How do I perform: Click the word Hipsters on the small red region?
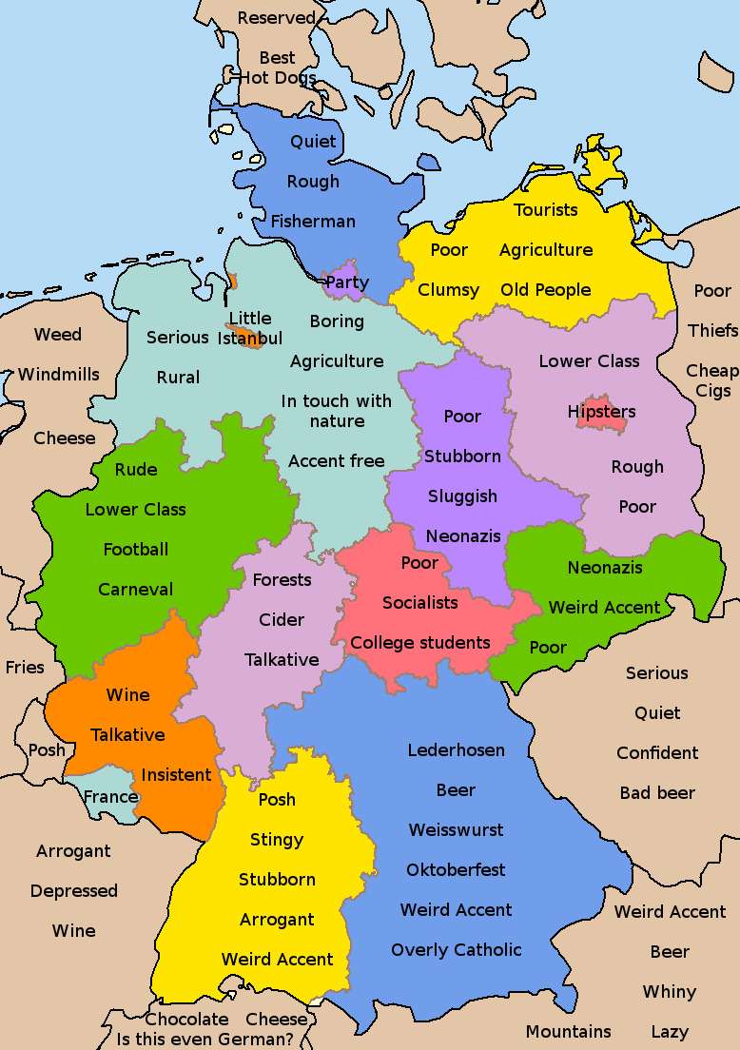pyautogui.click(x=601, y=412)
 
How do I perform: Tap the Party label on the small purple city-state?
pyautogui.click(x=346, y=282)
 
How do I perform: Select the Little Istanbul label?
pyautogui.click(x=250, y=328)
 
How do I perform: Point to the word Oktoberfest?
pyautogui.click(x=456, y=869)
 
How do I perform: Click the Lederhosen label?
pyautogui.click(x=456, y=749)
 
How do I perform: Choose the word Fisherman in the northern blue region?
pyautogui.click(x=313, y=221)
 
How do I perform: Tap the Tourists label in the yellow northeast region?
pyautogui.click(x=546, y=209)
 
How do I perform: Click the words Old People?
pyautogui.click(x=546, y=289)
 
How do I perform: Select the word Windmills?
pyautogui.click(x=58, y=374)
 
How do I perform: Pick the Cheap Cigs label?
pyautogui.click(x=711, y=380)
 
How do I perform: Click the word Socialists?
pyautogui.click(x=419, y=602)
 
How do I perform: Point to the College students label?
pyautogui.click(x=419, y=642)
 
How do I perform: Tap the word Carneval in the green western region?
pyautogui.click(x=136, y=589)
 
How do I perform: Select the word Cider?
pyautogui.click(x=282, y=619)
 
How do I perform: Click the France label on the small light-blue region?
pyautogui.click(x=110, y=796)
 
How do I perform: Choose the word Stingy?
pyautogui.click(x=277, y=839)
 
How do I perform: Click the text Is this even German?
pyautogui.click(x=204, y=1039)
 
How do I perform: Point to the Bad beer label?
pyautogui.click(x=657, y=792)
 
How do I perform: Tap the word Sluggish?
pyautogui.click(x=462, y=496)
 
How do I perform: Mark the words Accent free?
pyautogui.click(x=337, y=460)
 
